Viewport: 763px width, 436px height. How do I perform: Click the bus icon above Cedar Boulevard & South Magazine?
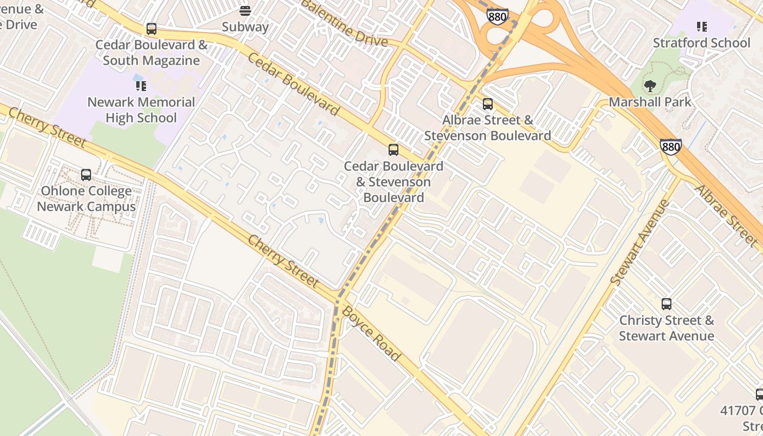point(152,29)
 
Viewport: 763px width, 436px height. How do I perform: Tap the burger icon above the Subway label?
point(245,11)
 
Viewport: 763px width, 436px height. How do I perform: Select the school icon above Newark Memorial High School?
point(141,86)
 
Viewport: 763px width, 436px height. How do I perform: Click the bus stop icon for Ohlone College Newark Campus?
point(86,175)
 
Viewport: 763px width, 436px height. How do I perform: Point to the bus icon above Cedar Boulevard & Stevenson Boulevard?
point(393,150)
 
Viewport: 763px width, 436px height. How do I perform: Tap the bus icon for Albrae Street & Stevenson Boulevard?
point(488,104)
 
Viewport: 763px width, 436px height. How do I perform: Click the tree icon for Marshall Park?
point(650,86)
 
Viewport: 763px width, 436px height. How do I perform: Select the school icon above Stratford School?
point(701,27)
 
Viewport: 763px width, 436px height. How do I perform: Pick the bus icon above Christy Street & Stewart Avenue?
point(666,304)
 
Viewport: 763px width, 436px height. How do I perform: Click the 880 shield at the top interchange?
point(497,16)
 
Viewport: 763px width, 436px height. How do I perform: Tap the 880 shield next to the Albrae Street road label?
point(670,147)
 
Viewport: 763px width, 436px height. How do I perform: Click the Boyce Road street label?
point(372,333)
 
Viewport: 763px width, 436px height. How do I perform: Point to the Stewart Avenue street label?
point(640,243)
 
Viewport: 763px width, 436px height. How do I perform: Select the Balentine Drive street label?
point(344,23)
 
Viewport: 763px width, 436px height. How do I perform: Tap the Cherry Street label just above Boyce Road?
point(283,261)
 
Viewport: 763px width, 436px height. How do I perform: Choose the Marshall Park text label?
point(650,102)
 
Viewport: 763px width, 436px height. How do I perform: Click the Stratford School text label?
point(701,43)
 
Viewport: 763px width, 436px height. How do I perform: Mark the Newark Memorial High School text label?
point(141,110)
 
